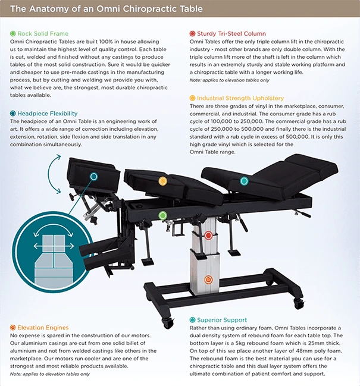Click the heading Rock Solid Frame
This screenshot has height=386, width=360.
click(x=43, y=33)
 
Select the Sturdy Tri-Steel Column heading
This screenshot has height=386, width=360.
click(x=231, y=33)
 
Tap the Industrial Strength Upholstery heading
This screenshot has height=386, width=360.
click(x=240, y=98)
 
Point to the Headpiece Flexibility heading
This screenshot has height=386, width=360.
click(x=47, y=114)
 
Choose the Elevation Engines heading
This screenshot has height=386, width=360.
click(x=43, y=328)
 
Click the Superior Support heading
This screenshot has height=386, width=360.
click(x=221, y=320)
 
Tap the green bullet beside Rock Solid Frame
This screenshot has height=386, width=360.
click(x=13, y=33)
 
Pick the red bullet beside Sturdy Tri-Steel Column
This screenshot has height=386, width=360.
click(x=192, y=33)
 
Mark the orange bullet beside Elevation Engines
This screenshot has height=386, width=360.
click(x=13, y=328)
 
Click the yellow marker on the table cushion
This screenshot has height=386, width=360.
click(x=162, y=181)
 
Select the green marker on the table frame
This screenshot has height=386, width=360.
click(x=162, y=215)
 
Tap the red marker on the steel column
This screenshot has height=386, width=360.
click(x=208, y=236)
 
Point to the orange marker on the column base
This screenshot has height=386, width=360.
click(x=208, y=280)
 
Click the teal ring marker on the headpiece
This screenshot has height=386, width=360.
click(x=93, y=176)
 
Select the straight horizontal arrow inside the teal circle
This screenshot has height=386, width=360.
click(x=54, y=246)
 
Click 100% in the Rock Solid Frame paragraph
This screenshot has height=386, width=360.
click(x=106, y=42)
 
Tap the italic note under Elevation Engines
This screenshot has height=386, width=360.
click(x=50, y=374)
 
